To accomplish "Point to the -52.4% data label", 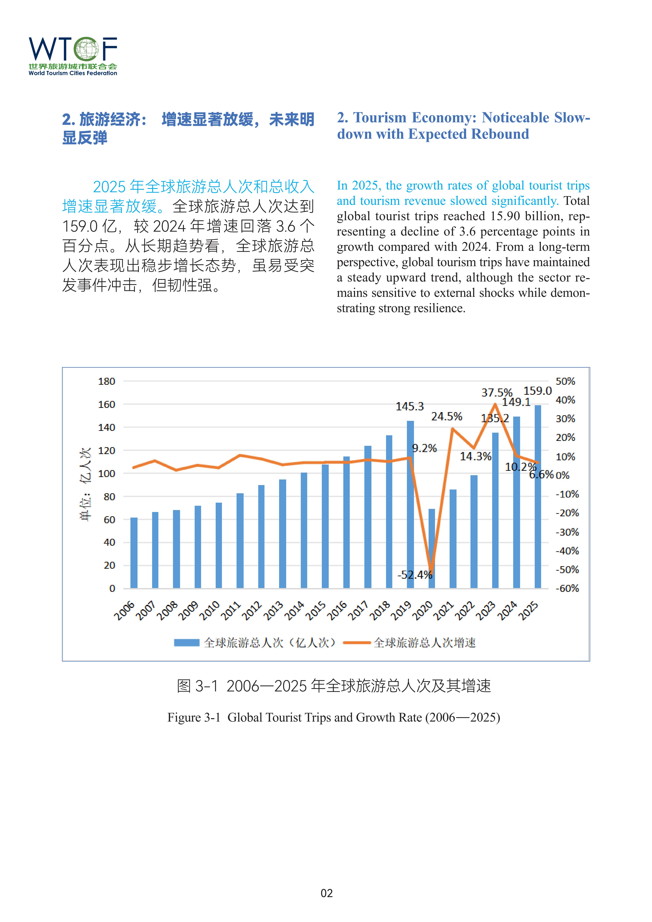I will (x=415, y=575).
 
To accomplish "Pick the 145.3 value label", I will (x=410, y=406).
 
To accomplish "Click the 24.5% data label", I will (x=446, y=416).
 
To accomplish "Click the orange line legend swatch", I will (x=356, y=643).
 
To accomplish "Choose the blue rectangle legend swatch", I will (x=187, y=643).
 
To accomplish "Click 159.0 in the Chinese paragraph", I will (x=80, y=227).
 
